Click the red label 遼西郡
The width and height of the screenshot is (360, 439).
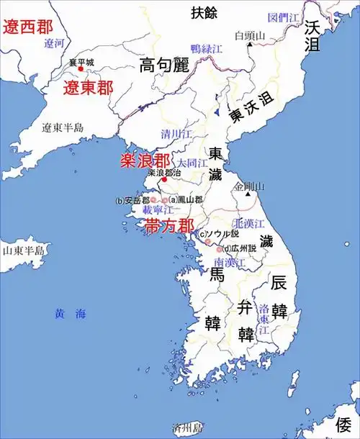pos(28,28)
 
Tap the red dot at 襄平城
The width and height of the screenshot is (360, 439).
pos(81,68)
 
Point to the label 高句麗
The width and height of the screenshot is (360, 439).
pos(163,65)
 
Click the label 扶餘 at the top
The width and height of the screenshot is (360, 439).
pos(203,12)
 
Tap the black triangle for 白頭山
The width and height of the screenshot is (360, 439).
pos(249,44)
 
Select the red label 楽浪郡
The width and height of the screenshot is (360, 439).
pos(145,160)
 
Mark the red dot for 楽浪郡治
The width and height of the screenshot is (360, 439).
pos(165,180)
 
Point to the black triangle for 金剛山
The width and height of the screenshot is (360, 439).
pos(248,195)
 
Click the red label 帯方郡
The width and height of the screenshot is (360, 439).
pos(169,225)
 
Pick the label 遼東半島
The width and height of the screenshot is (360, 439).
pos(63,128)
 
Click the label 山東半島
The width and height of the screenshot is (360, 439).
pos(22,250)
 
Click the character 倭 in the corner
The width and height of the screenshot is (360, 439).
pos(346,425)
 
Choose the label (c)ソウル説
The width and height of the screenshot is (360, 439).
pos(218,234)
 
